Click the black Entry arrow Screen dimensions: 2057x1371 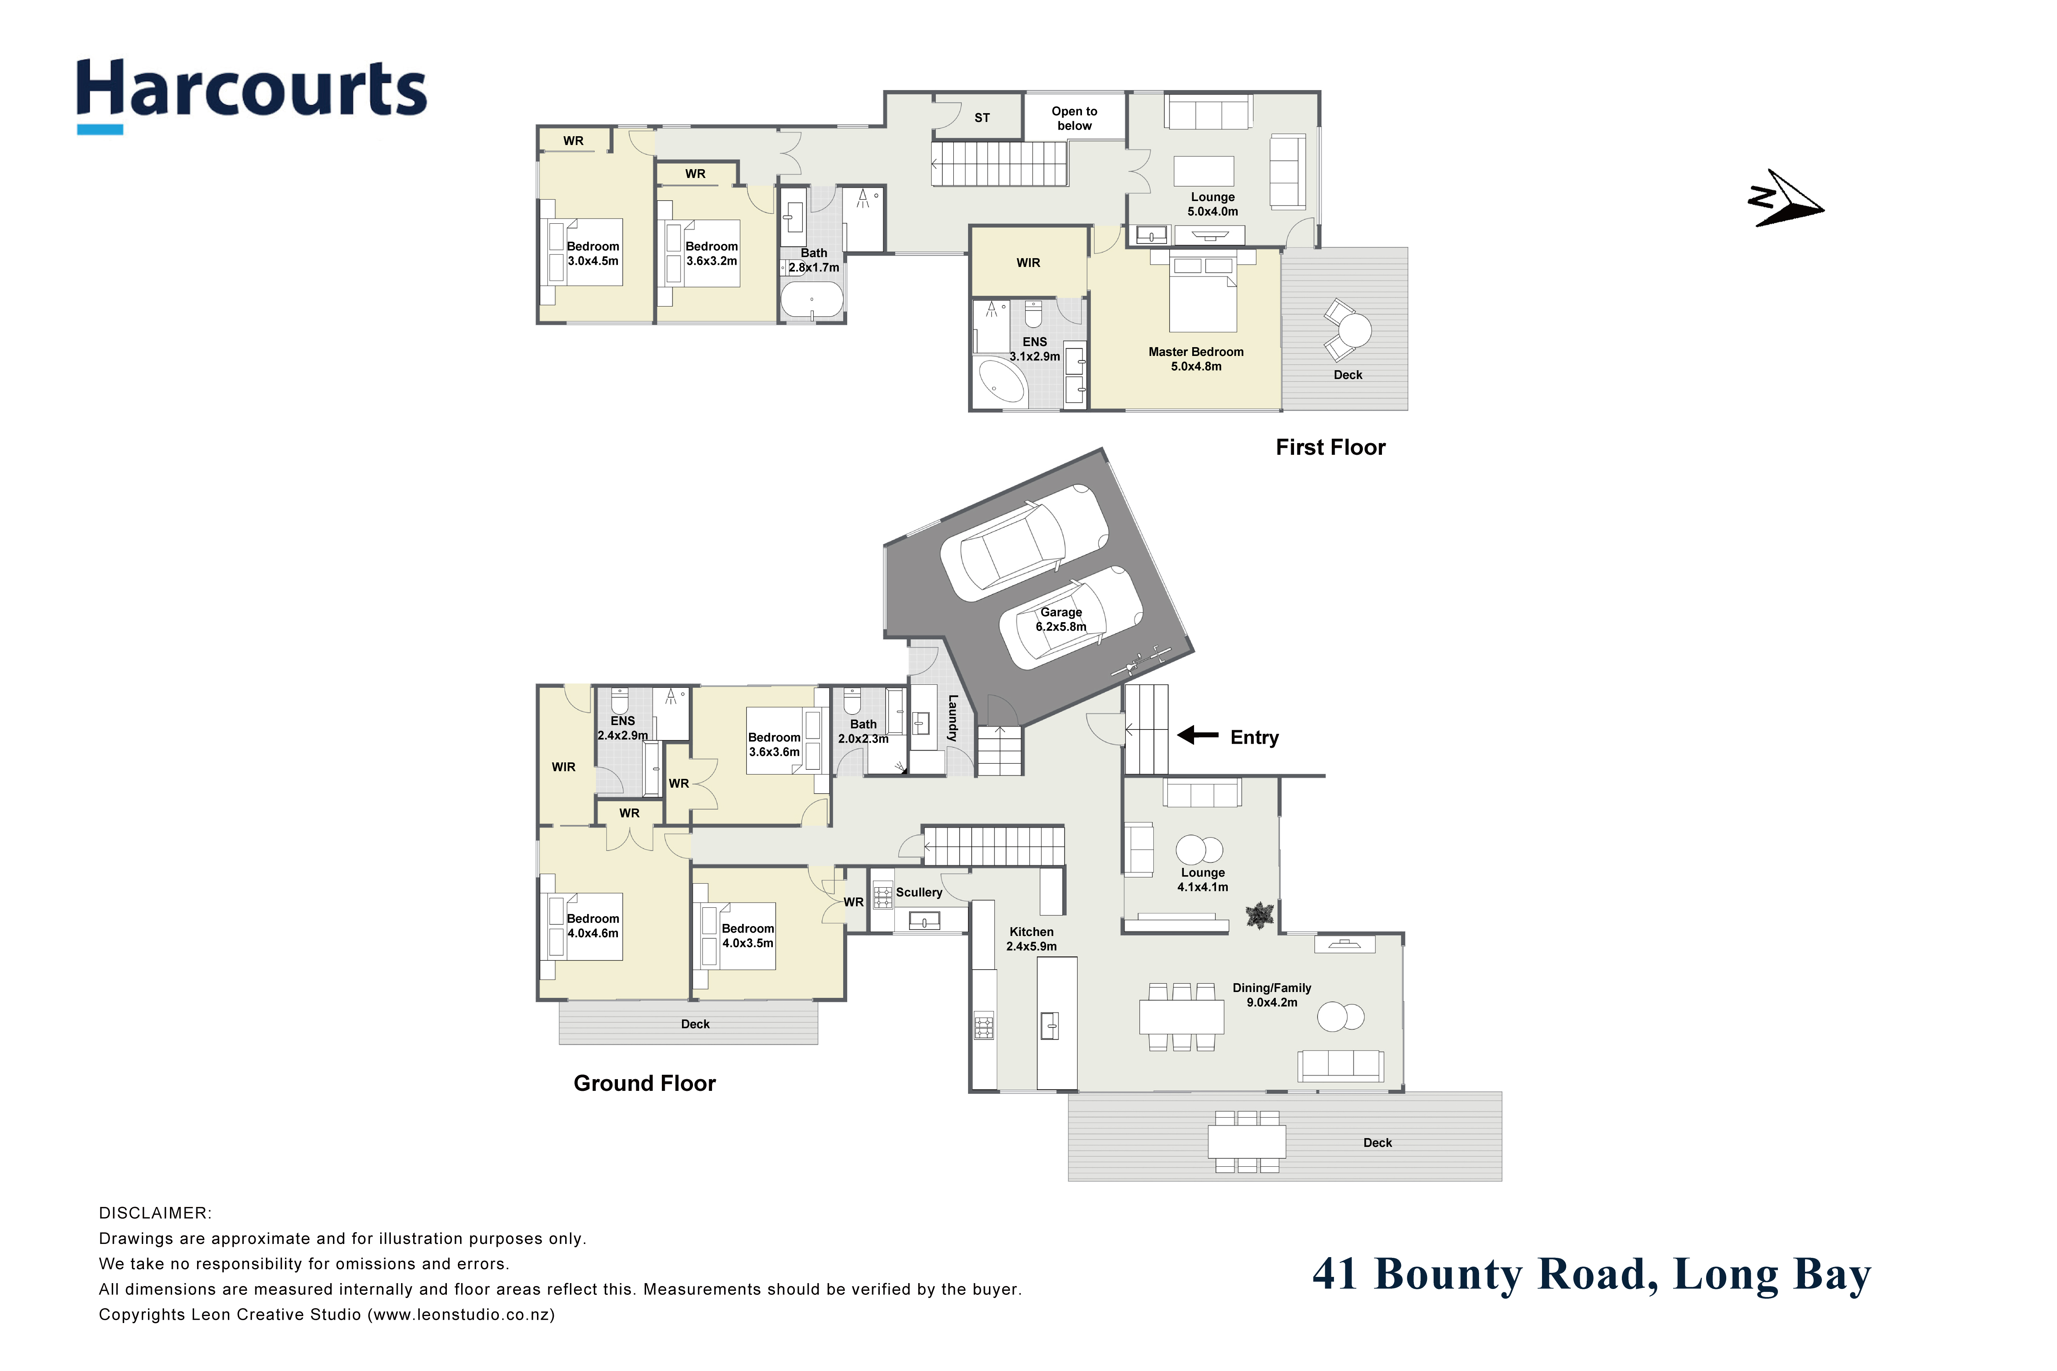[x=1197, y=735]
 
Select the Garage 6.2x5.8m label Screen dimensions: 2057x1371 [x=1061, y=619]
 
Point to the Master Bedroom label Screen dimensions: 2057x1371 [x=1196, y=358]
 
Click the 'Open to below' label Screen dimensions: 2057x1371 [x=1074, y=118]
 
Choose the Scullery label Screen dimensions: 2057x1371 [x=918, y=892]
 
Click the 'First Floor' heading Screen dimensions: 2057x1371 [x=1330, y=447]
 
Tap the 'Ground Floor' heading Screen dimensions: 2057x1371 [x=645, y=1083]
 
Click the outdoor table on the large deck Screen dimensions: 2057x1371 [x=1246, y=1141]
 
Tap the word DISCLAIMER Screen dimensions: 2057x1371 [x=155, y=1213]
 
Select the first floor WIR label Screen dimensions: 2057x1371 [x=1028, y=262]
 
